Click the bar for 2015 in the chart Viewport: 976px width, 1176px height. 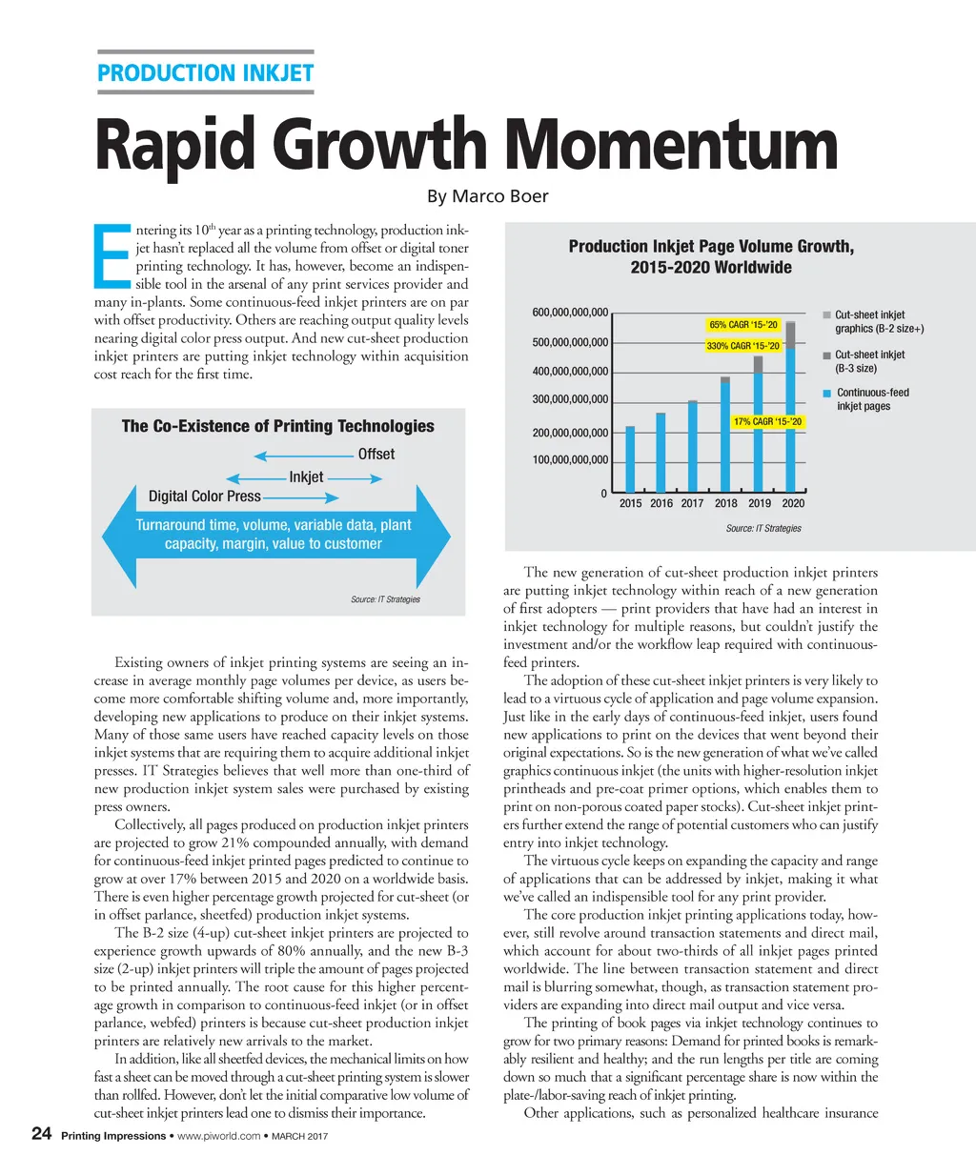click(630, 458)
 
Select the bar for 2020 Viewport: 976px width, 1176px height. click(790, 410)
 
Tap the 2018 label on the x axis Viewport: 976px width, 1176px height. click(726, 503)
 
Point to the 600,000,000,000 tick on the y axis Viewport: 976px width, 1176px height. click(570, 313)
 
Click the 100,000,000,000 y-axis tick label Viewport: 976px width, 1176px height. click(570, 460)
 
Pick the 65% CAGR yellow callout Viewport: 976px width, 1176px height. click(743, 325)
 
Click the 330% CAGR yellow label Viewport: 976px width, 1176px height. click(743, 346)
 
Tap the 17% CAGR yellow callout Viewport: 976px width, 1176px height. click(767, 421)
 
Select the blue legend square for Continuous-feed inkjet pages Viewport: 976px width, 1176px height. click(827, 393)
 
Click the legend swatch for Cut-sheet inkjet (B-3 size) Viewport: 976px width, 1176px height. click(827, 355)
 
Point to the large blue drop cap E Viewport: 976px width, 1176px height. click(112, 255)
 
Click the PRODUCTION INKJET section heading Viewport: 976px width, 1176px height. click(205, 73)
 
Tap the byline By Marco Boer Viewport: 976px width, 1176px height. click(487, 196)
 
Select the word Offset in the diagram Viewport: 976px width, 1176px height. click(376, 455)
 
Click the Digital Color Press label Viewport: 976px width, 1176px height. click(204, 497)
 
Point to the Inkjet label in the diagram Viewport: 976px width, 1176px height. click(306, 476)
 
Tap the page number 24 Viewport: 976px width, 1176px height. click(41, 1133)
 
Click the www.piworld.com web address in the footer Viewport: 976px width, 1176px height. click(218, 1136)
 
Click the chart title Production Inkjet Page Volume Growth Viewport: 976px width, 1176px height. click(711, 247)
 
